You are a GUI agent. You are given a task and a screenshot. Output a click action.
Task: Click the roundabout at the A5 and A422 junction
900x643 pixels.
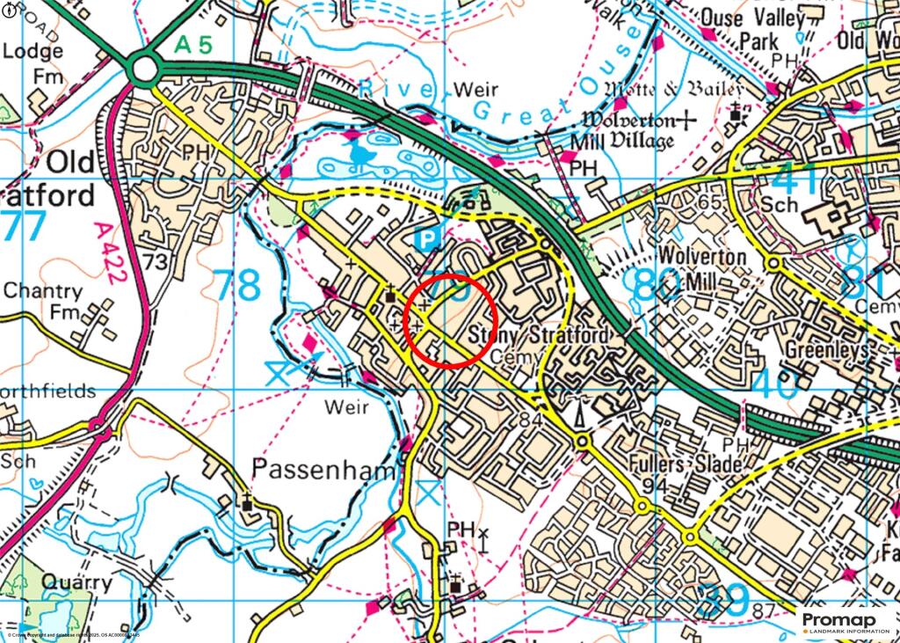click(x=143, y=68)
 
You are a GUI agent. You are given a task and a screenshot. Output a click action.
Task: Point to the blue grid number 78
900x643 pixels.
click(x=237, y=286)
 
